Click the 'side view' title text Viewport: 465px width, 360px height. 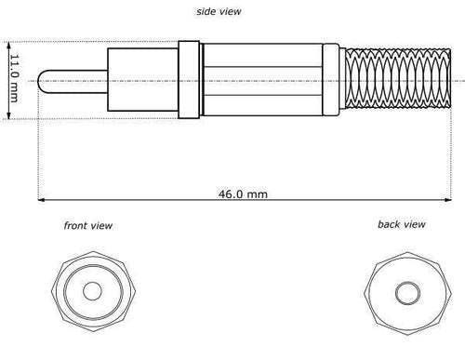point(219,11)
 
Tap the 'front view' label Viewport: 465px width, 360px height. point(88,225)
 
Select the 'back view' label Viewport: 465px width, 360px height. point(402,224)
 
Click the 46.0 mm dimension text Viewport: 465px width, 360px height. point(243,194)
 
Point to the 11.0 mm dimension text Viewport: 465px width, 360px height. point(14,78)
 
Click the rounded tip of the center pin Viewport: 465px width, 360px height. point(39,81)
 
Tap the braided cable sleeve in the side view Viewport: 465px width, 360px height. point(398,78)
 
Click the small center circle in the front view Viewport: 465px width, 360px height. point(92,291)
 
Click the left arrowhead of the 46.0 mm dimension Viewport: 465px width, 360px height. point(41,200)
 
